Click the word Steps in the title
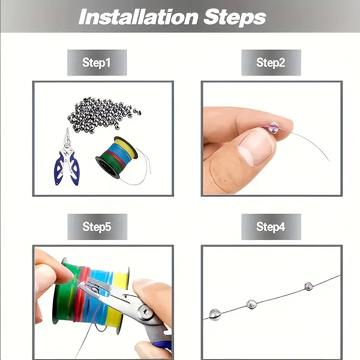tap(234, 18)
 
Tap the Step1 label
tap(96, 63)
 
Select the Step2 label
tap(271, 63)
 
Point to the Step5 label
tap(97, 227)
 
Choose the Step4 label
tap(271, 227)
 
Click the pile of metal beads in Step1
tap(104, 115)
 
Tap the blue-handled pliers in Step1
tap(67, 158)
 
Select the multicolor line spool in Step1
tap(117, 157)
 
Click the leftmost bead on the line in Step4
tap(215, 314)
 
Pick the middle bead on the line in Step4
tap(252, 304)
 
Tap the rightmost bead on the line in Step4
tap(309, 286)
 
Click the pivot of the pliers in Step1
tap(67, 145)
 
